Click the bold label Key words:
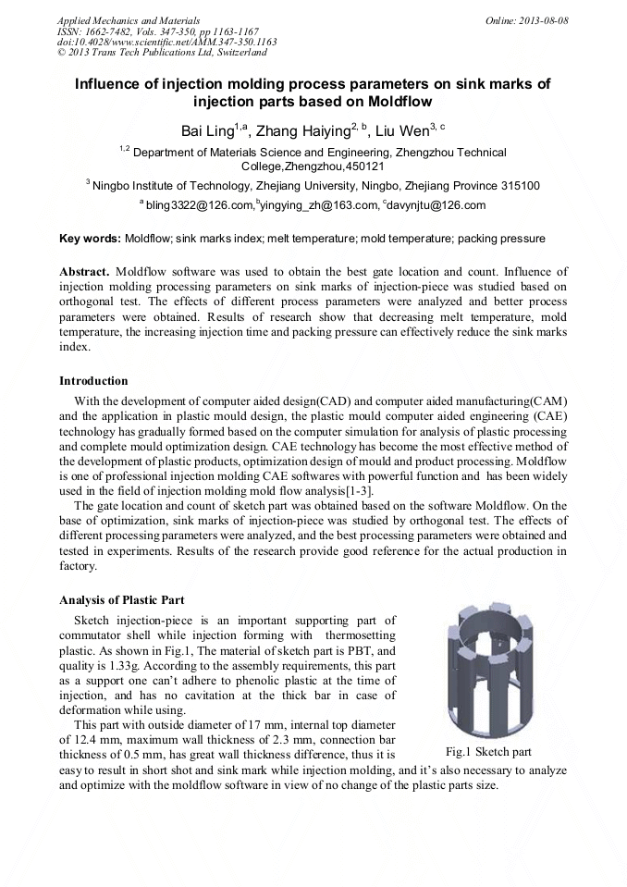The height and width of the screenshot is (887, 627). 90,239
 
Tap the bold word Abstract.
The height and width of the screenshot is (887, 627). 84,272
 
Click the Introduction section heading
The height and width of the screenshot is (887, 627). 93,381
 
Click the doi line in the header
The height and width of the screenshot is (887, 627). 166,43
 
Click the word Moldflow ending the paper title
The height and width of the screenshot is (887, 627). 400,101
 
